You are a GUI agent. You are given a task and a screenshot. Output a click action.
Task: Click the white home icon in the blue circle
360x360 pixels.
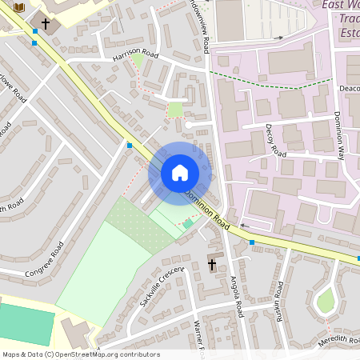click(x=180, y=173)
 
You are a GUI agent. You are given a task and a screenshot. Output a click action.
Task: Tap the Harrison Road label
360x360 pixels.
click(x=136, y=55)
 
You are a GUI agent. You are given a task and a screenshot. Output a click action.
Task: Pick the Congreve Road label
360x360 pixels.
click(x=44, y=262)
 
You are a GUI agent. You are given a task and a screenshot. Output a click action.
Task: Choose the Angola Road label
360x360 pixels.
click(x=237, y=296)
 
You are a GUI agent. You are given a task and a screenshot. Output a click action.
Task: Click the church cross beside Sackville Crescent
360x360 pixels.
click(x=213, y=264)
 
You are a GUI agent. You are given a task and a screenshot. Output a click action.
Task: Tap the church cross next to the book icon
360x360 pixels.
click(x=46, y=24)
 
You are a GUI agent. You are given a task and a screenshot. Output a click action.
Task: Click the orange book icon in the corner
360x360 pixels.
click(x=20, y=7)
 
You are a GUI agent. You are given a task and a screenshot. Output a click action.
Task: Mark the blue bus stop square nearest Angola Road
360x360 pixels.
click(x=252, y=242)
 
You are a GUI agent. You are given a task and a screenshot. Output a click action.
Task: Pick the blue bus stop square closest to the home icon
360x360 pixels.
click(x=130, y=146)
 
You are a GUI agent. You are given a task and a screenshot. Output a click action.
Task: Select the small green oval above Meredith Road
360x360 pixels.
click(x=325, y=301)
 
